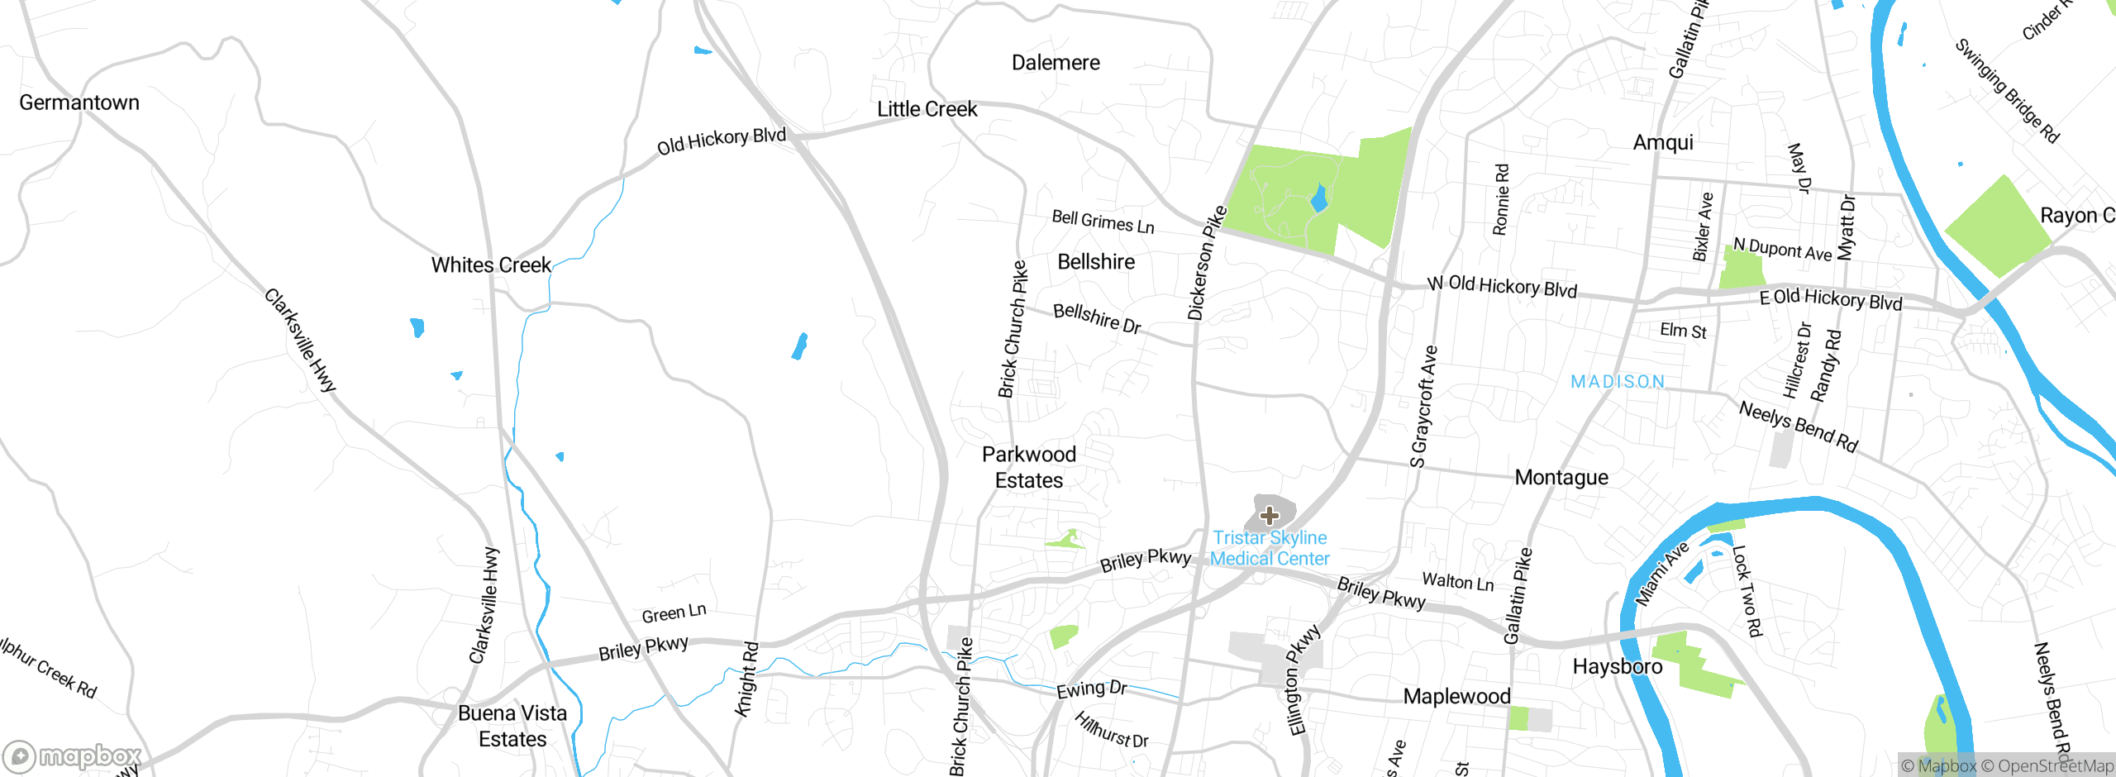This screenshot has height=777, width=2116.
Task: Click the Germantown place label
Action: (x=79, y=102)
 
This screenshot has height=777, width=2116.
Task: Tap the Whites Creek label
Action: (x=491, y=265)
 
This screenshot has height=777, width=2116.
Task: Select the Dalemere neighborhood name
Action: (x=1056, y=63)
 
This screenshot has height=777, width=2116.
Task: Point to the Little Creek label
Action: (x=927, y=109)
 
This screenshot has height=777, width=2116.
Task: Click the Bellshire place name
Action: (x=1096, y=262)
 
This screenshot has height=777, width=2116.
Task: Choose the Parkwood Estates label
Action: (x=1029, y=467)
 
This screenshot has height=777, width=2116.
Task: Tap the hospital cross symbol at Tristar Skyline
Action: (x=1270, y=517)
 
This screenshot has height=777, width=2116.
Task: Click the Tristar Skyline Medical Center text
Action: (x=1270, y=548)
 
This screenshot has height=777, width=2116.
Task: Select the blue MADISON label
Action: (x=1618, y=382)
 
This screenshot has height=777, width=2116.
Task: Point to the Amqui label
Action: (x=1663, y=143)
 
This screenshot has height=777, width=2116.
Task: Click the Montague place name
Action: (x=1561, y=478)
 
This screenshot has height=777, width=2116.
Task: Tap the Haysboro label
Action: (x=1618, y=667)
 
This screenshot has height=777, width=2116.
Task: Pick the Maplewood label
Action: (x=1456, y=697)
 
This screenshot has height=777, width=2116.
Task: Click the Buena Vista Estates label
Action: (x=512, y=726)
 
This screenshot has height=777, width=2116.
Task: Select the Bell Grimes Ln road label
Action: (x=1103, y=222)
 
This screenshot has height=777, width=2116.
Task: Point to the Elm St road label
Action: (x=1683, y=331)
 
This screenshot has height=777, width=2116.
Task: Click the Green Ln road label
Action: (x=674, y=613)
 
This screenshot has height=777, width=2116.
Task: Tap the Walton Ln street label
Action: (x=1458, y=582)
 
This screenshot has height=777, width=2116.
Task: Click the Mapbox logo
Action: (x=73, y=756)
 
